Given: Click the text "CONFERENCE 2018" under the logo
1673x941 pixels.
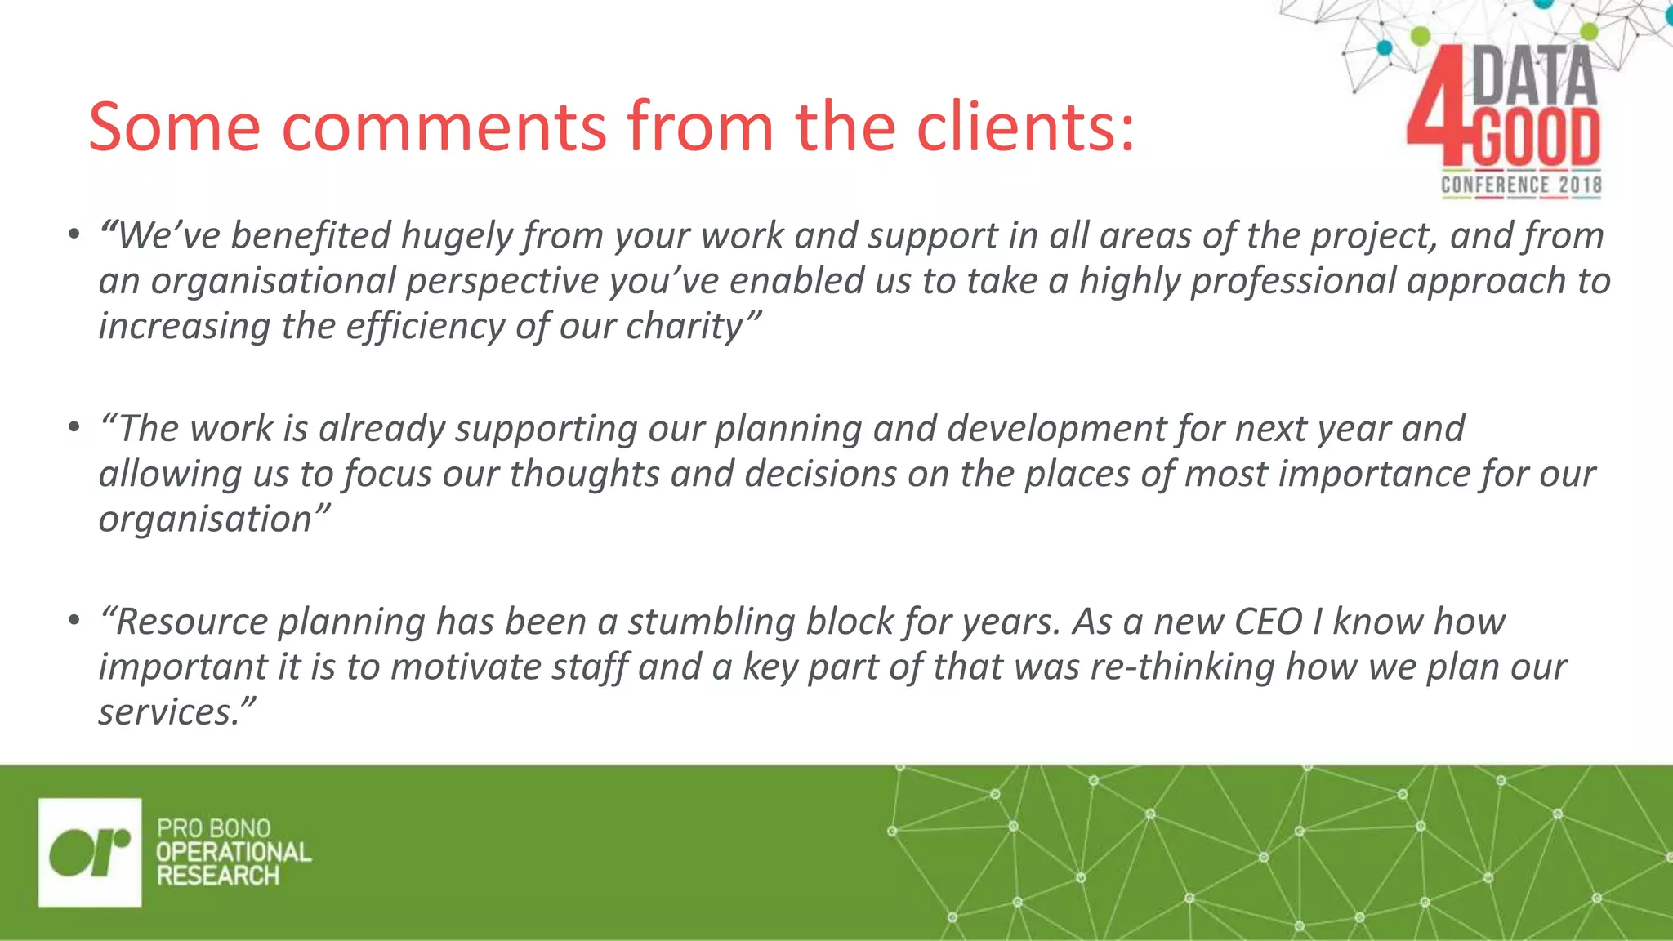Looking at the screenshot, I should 1521,185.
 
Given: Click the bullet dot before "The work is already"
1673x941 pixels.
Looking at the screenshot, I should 74,427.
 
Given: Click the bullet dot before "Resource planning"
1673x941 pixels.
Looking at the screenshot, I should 74,621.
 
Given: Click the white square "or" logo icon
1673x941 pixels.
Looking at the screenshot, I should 90,852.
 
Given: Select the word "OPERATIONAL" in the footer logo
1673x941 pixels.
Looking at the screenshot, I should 234,852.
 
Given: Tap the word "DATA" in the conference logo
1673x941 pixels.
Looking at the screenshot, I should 1534,77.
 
